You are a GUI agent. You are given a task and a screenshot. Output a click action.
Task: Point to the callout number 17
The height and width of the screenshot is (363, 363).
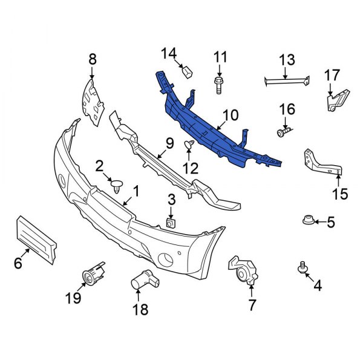pos(332,75)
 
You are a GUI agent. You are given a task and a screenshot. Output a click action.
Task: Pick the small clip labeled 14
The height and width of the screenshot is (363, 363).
pos(188,73)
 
